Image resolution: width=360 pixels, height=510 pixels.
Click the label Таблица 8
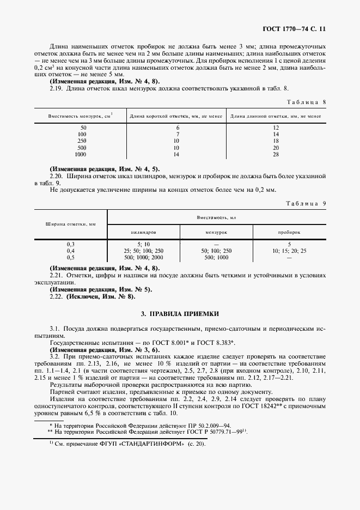pos(305,102)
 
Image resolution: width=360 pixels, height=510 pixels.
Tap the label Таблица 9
pos(305,203)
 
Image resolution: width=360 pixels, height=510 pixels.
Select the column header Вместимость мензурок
pos(80,116)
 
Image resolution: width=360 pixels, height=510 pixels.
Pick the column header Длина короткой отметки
pos(175,116)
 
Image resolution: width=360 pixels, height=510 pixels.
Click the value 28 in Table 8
pos(276,155)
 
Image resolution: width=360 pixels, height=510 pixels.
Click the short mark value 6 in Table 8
pos(177,127)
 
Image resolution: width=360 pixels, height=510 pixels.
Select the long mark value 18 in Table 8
pos(276,141)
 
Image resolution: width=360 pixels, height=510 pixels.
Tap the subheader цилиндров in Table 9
pos(144,232)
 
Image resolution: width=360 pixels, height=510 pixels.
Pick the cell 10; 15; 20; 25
pos(289,251)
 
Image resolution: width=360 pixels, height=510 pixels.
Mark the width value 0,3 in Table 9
pos(71,244)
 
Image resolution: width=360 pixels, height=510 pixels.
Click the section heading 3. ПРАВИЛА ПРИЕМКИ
pos(180,314)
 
